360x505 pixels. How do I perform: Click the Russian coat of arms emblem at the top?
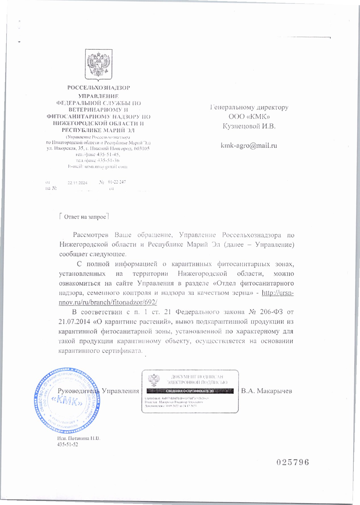pos(99,65)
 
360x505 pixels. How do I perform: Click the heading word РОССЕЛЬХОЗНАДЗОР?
pos(99,88)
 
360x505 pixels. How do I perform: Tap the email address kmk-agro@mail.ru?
pos(249,146)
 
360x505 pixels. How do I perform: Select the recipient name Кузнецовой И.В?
pos(249,126)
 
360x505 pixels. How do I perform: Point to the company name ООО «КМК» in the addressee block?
pos(249,117)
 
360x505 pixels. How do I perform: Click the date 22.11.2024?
pos(78,183)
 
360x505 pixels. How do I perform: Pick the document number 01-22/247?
pos(117,182)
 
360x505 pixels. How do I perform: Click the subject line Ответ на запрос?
pos(85,217)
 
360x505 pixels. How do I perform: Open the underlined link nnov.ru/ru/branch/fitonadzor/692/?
pos(108,302)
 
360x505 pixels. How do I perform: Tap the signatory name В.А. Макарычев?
pos(266,391)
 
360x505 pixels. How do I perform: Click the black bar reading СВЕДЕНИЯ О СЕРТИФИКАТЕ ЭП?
pos(190,391)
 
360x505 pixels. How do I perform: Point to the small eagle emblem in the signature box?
pos(154,380)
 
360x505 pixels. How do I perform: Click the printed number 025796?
pos(292,462)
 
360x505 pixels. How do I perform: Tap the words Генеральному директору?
pos(249,107)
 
